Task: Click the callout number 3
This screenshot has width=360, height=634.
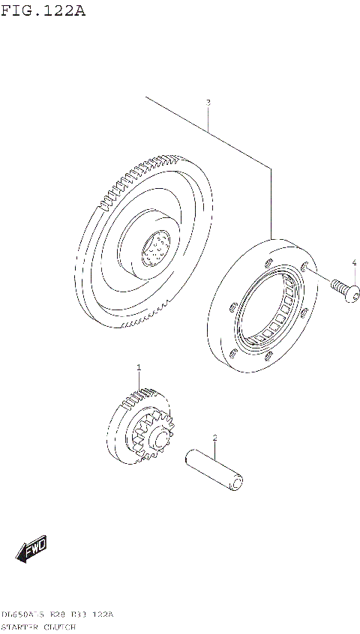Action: tap(208, 102)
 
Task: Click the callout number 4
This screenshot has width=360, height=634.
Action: tap(354, 262)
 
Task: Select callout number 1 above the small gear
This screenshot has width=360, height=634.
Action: tap(139, 367)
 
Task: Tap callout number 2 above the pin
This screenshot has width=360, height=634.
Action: tap(214, 437)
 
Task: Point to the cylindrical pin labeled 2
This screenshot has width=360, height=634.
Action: tap(214, 470)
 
